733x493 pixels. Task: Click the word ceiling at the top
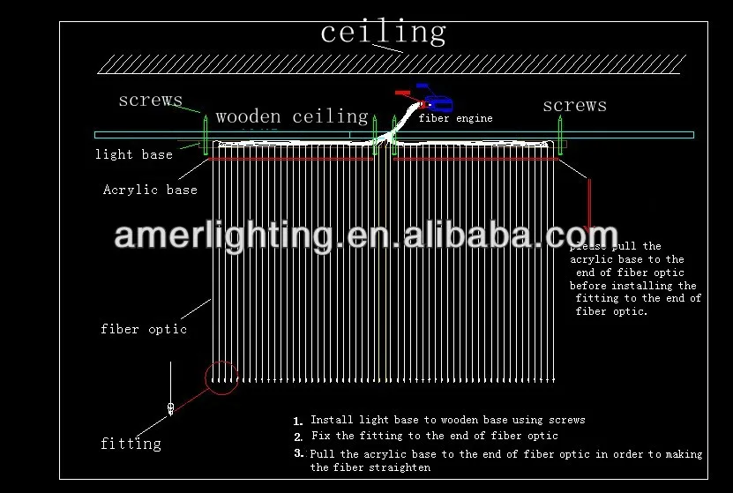coord(383,34)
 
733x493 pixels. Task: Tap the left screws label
coord(150,101)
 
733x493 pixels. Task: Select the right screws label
coord(574,106)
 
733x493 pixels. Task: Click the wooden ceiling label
coord(291,116)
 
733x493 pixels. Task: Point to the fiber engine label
coord(455,118)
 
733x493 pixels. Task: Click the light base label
coord(134,154)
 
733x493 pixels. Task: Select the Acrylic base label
coord(150,190)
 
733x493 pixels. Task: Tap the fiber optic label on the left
coord(144,329)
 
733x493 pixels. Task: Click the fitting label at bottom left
coord(131,443)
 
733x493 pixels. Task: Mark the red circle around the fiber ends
coord(221,377)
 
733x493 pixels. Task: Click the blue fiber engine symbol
coord(435,100)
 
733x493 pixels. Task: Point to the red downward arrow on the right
coord(589,207)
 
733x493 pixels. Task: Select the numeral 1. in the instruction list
coord(298,422)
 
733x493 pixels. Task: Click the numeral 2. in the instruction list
coord(298,437)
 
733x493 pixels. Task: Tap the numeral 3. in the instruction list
coord(298,453)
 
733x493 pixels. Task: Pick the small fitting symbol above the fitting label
coord(170,407)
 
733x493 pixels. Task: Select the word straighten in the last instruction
coord(403,467)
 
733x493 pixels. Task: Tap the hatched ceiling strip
coord(392,63)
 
